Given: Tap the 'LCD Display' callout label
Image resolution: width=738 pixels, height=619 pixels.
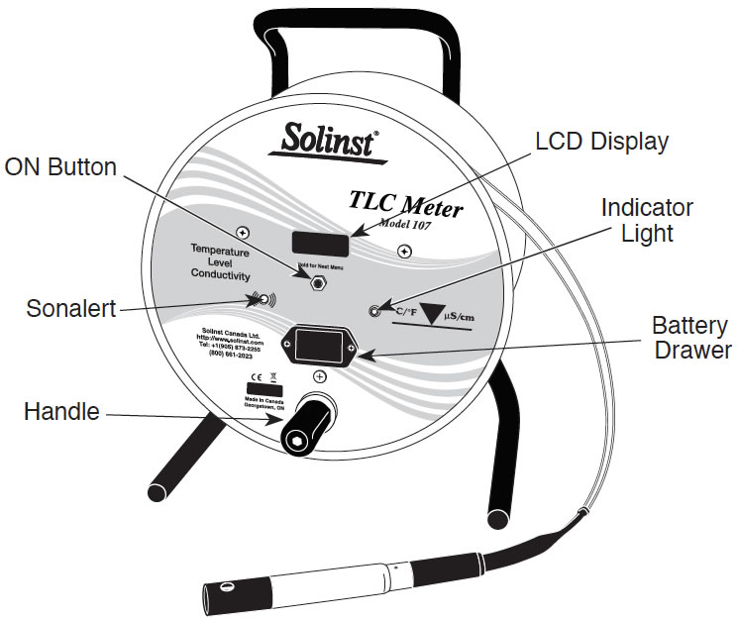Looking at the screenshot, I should click(601, 142).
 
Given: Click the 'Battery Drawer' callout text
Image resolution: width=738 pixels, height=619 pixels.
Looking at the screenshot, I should click(691, 338).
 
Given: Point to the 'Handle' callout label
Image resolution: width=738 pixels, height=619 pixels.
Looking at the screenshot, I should click(61, 411).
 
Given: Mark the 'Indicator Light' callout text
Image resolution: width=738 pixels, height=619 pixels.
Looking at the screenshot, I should click(648, 221).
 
